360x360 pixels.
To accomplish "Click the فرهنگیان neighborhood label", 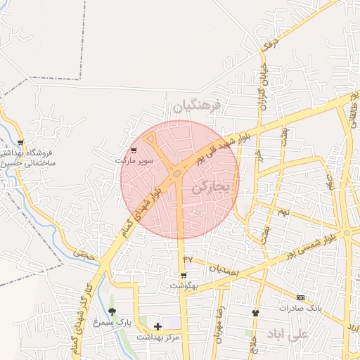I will coord(197,106).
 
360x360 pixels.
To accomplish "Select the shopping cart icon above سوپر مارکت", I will coord(134,150).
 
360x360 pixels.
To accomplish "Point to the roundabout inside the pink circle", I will coord(176,173).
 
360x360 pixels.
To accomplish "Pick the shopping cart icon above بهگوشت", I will coord(184,276).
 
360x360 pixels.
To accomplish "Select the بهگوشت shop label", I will coord(184,286).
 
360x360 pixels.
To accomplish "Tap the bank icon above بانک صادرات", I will coord(300,297).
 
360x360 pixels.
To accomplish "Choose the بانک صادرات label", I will coord(300,308).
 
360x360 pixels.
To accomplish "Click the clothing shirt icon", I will coord(255,313).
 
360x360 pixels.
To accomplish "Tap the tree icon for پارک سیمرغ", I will coord(112,311).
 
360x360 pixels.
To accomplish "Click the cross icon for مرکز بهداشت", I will coord(157,326).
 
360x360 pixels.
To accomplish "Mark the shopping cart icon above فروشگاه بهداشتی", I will coord(20,142).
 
